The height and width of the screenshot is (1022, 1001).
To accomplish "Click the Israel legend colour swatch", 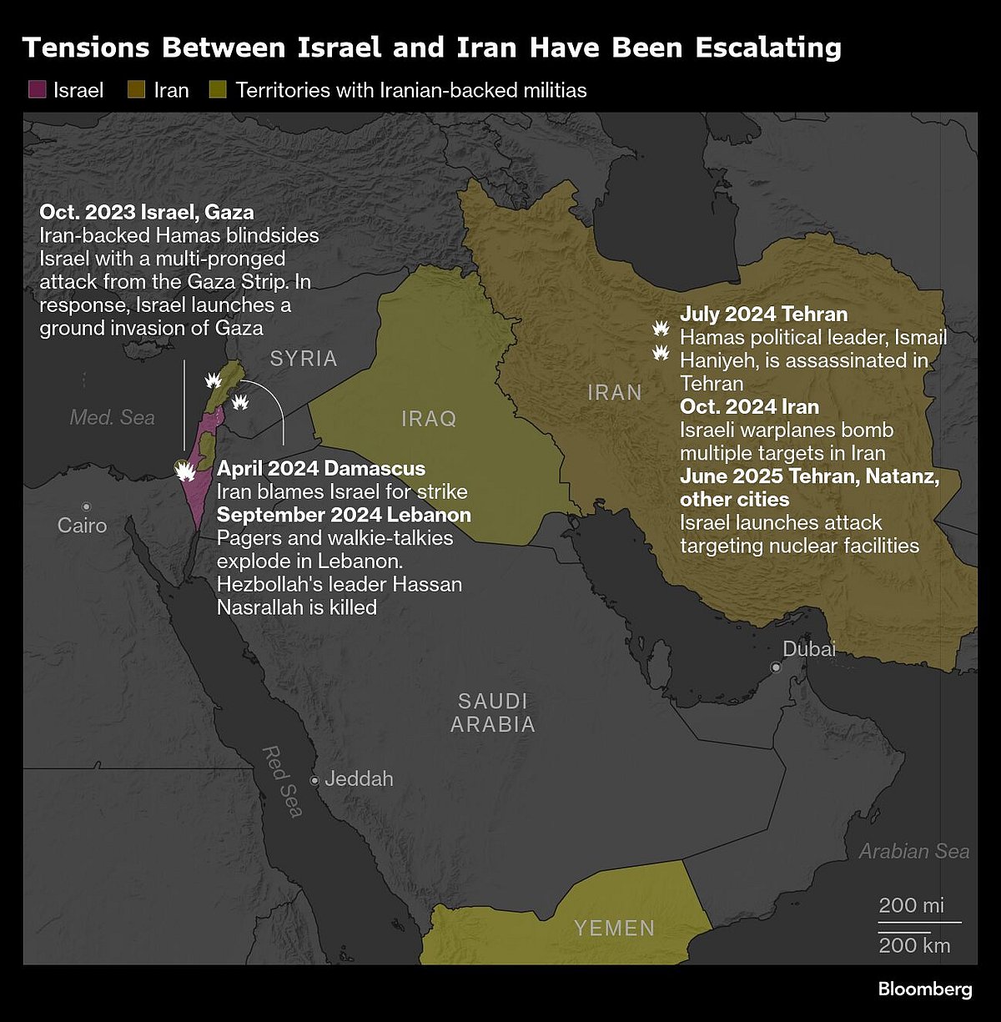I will tap(37, 90).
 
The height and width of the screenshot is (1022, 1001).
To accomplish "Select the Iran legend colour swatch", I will tap(137, 90).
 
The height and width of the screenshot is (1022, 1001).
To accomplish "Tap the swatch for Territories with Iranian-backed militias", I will tap(219, 90).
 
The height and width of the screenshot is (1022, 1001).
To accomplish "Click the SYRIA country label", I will tap(304, 359).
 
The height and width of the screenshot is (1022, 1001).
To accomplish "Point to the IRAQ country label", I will tap(429, 418).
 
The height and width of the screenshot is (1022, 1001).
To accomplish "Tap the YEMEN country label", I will tap(614, 928).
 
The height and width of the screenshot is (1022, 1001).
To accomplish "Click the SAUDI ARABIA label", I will tap(493, 712).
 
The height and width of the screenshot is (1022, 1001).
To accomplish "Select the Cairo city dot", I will tap(86, 506).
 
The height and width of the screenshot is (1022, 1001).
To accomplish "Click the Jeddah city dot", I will tap(314, 781).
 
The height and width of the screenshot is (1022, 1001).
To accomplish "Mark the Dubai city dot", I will tap(776, 667).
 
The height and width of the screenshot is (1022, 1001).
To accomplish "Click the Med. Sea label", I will tap(112, 417).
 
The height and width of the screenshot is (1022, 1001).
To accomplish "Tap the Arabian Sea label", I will tap(914, 851).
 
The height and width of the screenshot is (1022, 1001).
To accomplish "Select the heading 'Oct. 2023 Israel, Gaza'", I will tap(147, 212).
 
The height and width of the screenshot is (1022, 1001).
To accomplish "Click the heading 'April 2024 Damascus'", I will tap(321, 468).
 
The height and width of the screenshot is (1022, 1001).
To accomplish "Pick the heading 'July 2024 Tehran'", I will tap(763, 315).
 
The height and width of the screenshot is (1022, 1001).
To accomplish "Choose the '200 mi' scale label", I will tap(912, 905).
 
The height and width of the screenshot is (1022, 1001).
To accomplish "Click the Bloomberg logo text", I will tap(925, 989).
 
